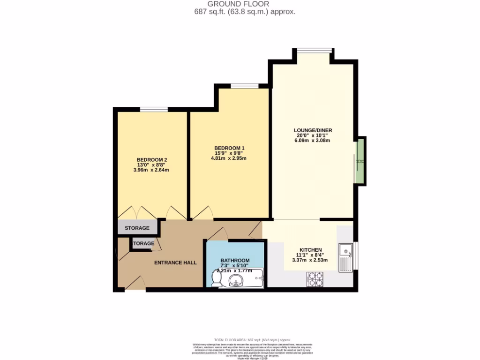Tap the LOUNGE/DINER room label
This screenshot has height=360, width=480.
coord(313,130)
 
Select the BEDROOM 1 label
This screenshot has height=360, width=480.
coord(229,148)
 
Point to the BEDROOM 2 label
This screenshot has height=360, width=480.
coord(152,160)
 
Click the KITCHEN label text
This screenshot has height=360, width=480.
coord(310,250)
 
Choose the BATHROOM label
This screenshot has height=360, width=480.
coord(235,261)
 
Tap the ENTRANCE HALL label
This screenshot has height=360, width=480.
coord(175,262)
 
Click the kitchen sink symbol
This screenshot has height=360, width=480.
coord(346,257)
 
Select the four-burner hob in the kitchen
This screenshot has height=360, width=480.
coord(315,279)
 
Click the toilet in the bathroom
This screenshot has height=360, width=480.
coord(217,279)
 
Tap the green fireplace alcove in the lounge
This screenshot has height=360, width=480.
coord(360,161)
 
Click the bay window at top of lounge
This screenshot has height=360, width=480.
coord(313,50)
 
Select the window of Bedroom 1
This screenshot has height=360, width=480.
coord(244,86)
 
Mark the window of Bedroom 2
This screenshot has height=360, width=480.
coord(154,110)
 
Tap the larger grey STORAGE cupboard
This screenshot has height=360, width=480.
coord(137,227)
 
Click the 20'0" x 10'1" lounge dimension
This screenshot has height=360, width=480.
coord(313,135)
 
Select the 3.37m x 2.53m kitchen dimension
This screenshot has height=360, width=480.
coord(310,260)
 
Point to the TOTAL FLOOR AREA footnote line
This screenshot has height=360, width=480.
coord(252,339)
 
